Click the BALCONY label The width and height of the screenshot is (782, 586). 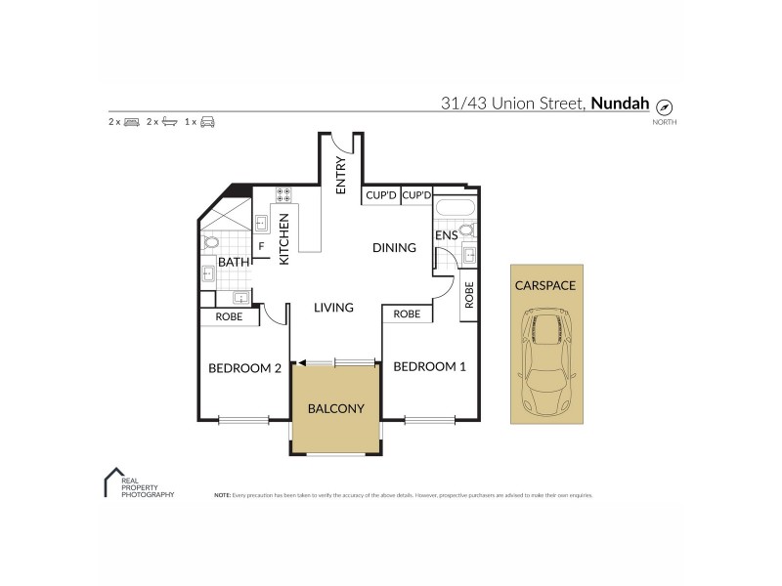click(x=335, y=408)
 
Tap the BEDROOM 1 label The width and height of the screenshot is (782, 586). click(x=429, y=367)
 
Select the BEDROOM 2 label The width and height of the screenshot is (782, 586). click(x=244, y=368)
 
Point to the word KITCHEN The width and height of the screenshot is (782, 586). click(x=284, y=240)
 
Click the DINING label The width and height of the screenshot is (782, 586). click(x=394, y=248)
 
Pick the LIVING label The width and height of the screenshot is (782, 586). click(x=333, y=308)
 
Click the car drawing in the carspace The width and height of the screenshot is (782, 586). click(x=546, y=361)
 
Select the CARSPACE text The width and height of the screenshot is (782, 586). click(x=545, y=285)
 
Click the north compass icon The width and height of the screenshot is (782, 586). click(x=665, y=106)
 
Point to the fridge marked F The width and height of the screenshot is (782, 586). click(x=261, y=245)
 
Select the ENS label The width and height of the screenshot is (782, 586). click(x=446, y=235)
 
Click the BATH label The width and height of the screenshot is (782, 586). click(x=233, y=262)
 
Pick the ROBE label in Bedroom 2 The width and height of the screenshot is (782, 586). click(x=229, y=316)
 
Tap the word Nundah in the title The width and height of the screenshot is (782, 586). click(x=618, y=103)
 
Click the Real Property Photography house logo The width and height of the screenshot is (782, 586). click(x=111, y=481)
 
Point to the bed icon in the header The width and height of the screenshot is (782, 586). click(x=132, y=122)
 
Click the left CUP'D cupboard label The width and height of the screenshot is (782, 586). click(x=380, y=195)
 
